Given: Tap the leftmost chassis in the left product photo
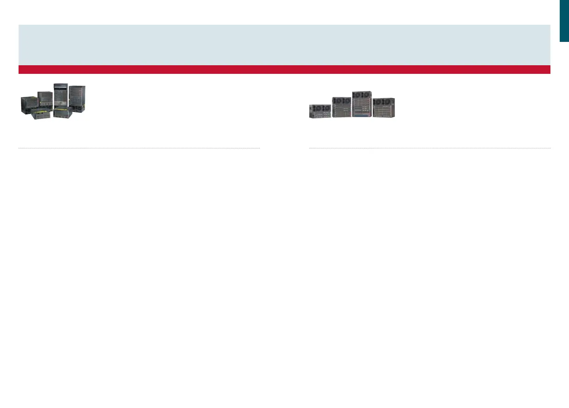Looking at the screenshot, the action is (29, 105).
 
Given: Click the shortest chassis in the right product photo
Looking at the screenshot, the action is (320, 111).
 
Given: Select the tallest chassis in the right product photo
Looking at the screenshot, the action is (362, 104).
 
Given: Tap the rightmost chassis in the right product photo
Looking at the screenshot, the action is (384, 107).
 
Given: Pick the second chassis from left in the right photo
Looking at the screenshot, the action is (342, 107).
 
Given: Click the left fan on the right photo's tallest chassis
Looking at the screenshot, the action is (357, 95).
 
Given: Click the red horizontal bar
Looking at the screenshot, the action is (284, 69).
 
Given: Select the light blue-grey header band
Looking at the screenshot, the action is (284, 45).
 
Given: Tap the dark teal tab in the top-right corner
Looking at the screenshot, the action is (564, 21).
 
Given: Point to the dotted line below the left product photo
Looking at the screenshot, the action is (139, 148).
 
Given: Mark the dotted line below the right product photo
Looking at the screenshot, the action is (429, 148).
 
